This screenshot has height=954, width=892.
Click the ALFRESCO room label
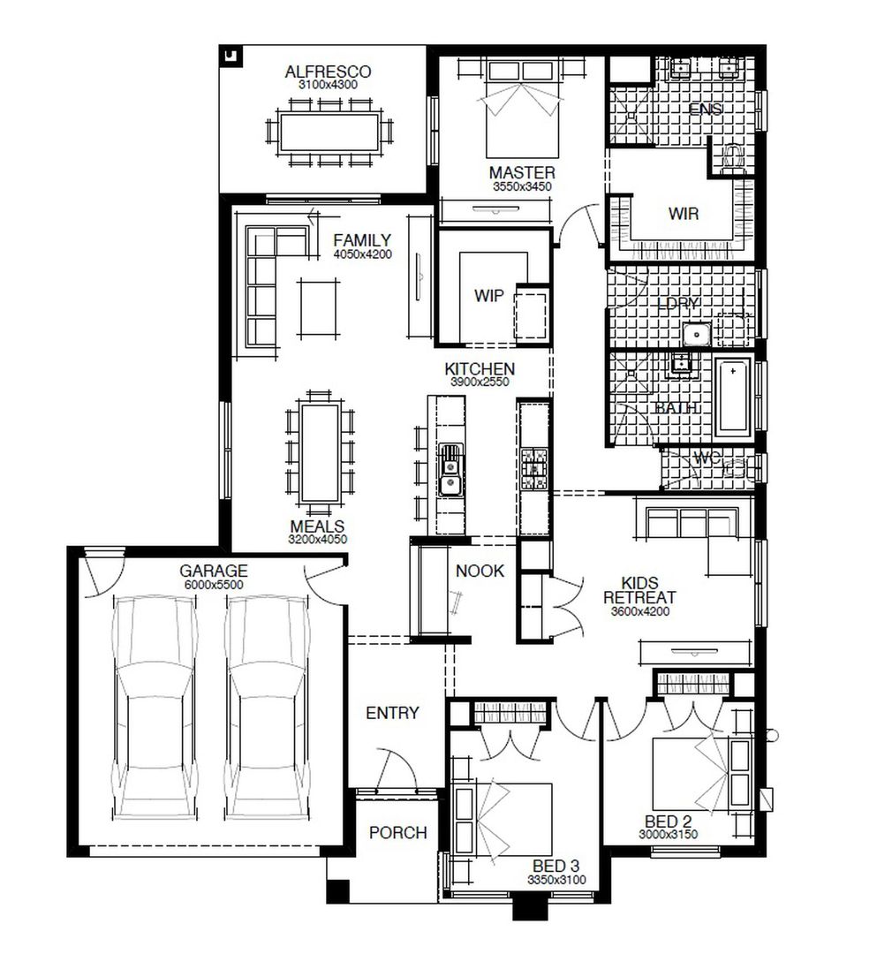328,72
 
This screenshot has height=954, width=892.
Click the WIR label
683,213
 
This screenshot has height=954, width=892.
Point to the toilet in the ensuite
732,158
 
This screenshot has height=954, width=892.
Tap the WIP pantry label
488,296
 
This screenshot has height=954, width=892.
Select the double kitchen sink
450,470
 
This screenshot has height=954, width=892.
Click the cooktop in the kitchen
534,469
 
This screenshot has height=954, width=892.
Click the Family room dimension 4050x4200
362,254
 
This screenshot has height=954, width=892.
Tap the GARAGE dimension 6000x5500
214,585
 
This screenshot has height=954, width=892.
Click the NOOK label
480,572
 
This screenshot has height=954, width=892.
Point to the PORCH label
397,833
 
